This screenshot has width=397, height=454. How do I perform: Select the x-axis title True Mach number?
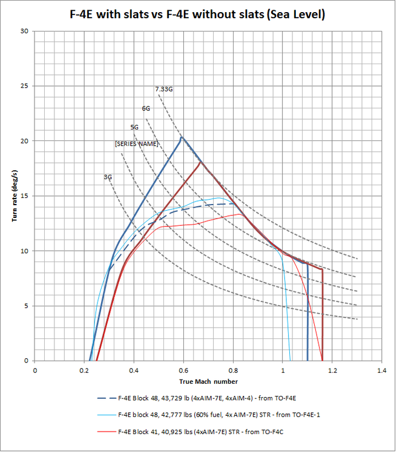coord(208,381)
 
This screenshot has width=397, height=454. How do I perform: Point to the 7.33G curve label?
coord(164,90)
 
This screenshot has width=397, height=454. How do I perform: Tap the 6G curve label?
coord(146,109)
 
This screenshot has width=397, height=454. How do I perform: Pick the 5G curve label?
coord(134,127)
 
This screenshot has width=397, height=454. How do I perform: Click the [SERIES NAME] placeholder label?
coord(136,144)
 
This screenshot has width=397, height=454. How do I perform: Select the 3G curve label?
coord(108,177)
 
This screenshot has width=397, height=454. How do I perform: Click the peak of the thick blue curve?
coord(181,137)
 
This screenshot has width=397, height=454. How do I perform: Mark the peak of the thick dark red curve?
coord(201,162)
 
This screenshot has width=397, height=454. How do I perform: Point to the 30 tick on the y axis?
coord(25,31)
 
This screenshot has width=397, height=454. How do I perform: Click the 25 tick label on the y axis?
coord(25,86)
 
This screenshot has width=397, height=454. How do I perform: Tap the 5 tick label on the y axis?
coord(27,306)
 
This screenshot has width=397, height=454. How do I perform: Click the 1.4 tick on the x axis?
coord(381,369)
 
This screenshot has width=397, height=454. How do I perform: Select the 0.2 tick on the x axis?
coord(84,369)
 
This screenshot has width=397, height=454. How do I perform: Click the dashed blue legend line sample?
coord(105,398)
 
